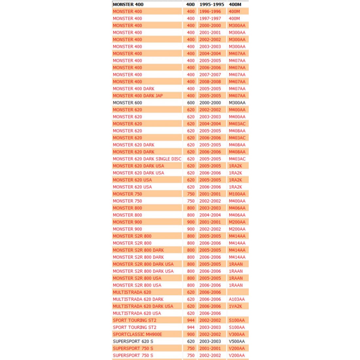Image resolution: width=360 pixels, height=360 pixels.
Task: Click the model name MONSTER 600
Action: pyautogui.click(x=127, y=103)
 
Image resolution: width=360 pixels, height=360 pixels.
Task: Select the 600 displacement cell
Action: pyautogui.click(x=191, y=103)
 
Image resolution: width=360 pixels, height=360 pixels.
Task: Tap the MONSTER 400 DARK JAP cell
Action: pyautogui.click(x=137, y=96)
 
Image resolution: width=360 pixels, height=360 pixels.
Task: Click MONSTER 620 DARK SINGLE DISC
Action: pyautogui.click(x=147, y=159)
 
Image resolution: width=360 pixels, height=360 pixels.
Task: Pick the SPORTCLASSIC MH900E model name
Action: pyautogui.click(x=137, y=334)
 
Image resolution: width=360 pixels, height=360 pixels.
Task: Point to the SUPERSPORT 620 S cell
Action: pyautogui.click(x=133, y=341)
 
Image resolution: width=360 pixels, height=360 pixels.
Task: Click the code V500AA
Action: pyautogui.click(x=237, y=341)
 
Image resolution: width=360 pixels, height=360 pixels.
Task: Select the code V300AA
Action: pyautogui.click(x=237, y=334)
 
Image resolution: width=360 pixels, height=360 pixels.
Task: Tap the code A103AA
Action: pyautogui.click(x=237, y=299)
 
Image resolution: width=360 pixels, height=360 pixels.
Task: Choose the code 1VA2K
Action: pyautogui.click(x=235, y=306)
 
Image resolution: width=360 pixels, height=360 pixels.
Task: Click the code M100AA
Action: pyautogui.click(x=237, y=194)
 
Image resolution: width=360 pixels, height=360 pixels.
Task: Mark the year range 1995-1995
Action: pyautogui.click(x=212, y=5)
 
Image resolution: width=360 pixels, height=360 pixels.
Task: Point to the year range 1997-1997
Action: pyautogui.click(x=210, y=19)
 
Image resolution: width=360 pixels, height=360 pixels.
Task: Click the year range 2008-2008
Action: pyautogui.click(x=210, y=82)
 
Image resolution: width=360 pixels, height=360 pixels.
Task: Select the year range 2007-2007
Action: pyautogui.click(x=210, y=75)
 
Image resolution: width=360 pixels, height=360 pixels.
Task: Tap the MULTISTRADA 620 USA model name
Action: pyautogui.click(x=137, y=313)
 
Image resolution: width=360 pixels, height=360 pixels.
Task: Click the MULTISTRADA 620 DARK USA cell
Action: pyautogui.click(x=143, y=306)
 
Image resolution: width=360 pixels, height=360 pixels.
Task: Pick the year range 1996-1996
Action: pyautogui.click(x=210, y=11)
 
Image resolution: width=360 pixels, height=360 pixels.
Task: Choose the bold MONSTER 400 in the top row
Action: pyautogui.click(x=128, y=5)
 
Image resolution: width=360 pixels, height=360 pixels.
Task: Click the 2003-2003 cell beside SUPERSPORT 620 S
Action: pyautogui.click(x=210, y=341)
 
